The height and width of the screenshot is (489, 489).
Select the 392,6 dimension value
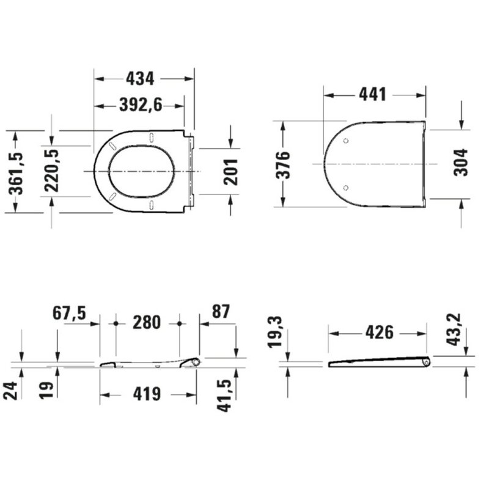[139, 105]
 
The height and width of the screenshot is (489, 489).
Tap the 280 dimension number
[147, 322]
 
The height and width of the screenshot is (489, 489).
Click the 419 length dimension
[147, 394]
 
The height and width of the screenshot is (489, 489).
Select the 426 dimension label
[379, 333]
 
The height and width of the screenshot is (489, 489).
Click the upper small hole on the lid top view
[347, 141]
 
